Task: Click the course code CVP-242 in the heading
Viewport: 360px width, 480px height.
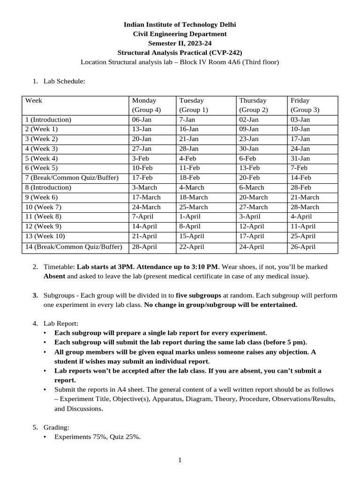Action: (227, 52)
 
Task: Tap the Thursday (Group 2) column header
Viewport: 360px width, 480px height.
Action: (254, 105)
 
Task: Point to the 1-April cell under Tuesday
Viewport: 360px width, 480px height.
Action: (189, 217)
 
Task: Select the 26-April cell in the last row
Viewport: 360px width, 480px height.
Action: (303, 247)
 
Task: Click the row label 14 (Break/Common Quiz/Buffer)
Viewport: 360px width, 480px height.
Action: (74, 247)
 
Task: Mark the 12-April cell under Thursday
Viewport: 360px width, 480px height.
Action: (252, 226)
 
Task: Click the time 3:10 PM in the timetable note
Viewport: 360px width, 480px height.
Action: (202, 267)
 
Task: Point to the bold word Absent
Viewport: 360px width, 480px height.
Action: (54, 276)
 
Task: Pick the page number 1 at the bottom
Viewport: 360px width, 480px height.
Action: (180, 460)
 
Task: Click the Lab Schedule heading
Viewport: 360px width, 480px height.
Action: (64, 81)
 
